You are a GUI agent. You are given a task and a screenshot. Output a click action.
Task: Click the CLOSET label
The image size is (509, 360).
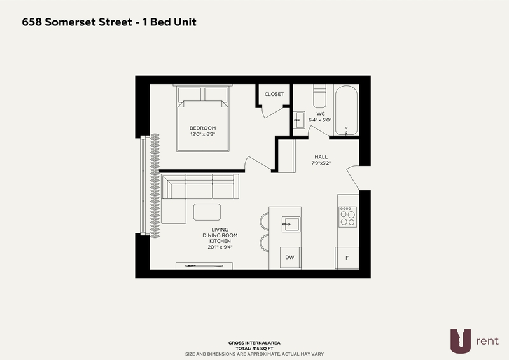click(274, 95)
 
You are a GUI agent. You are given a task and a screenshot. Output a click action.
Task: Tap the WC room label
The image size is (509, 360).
click(320, 113)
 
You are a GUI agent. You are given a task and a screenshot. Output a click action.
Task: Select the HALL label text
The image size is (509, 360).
click(321, 156)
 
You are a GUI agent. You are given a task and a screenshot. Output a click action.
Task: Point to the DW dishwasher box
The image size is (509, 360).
click(289, 258)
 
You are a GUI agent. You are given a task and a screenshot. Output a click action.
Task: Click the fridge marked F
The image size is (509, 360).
click(347, 258)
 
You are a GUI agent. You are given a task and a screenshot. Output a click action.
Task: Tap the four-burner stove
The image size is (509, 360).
click(347, 217)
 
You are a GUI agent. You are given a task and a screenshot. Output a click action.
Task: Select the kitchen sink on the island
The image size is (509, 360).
click(291, 223)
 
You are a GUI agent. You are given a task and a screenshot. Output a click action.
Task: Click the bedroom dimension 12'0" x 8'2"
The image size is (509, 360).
click(202, 134)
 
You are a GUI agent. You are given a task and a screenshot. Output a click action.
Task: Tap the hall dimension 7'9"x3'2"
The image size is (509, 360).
click(321, 163)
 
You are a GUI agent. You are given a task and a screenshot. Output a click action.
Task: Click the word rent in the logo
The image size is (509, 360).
click(487, 342)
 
